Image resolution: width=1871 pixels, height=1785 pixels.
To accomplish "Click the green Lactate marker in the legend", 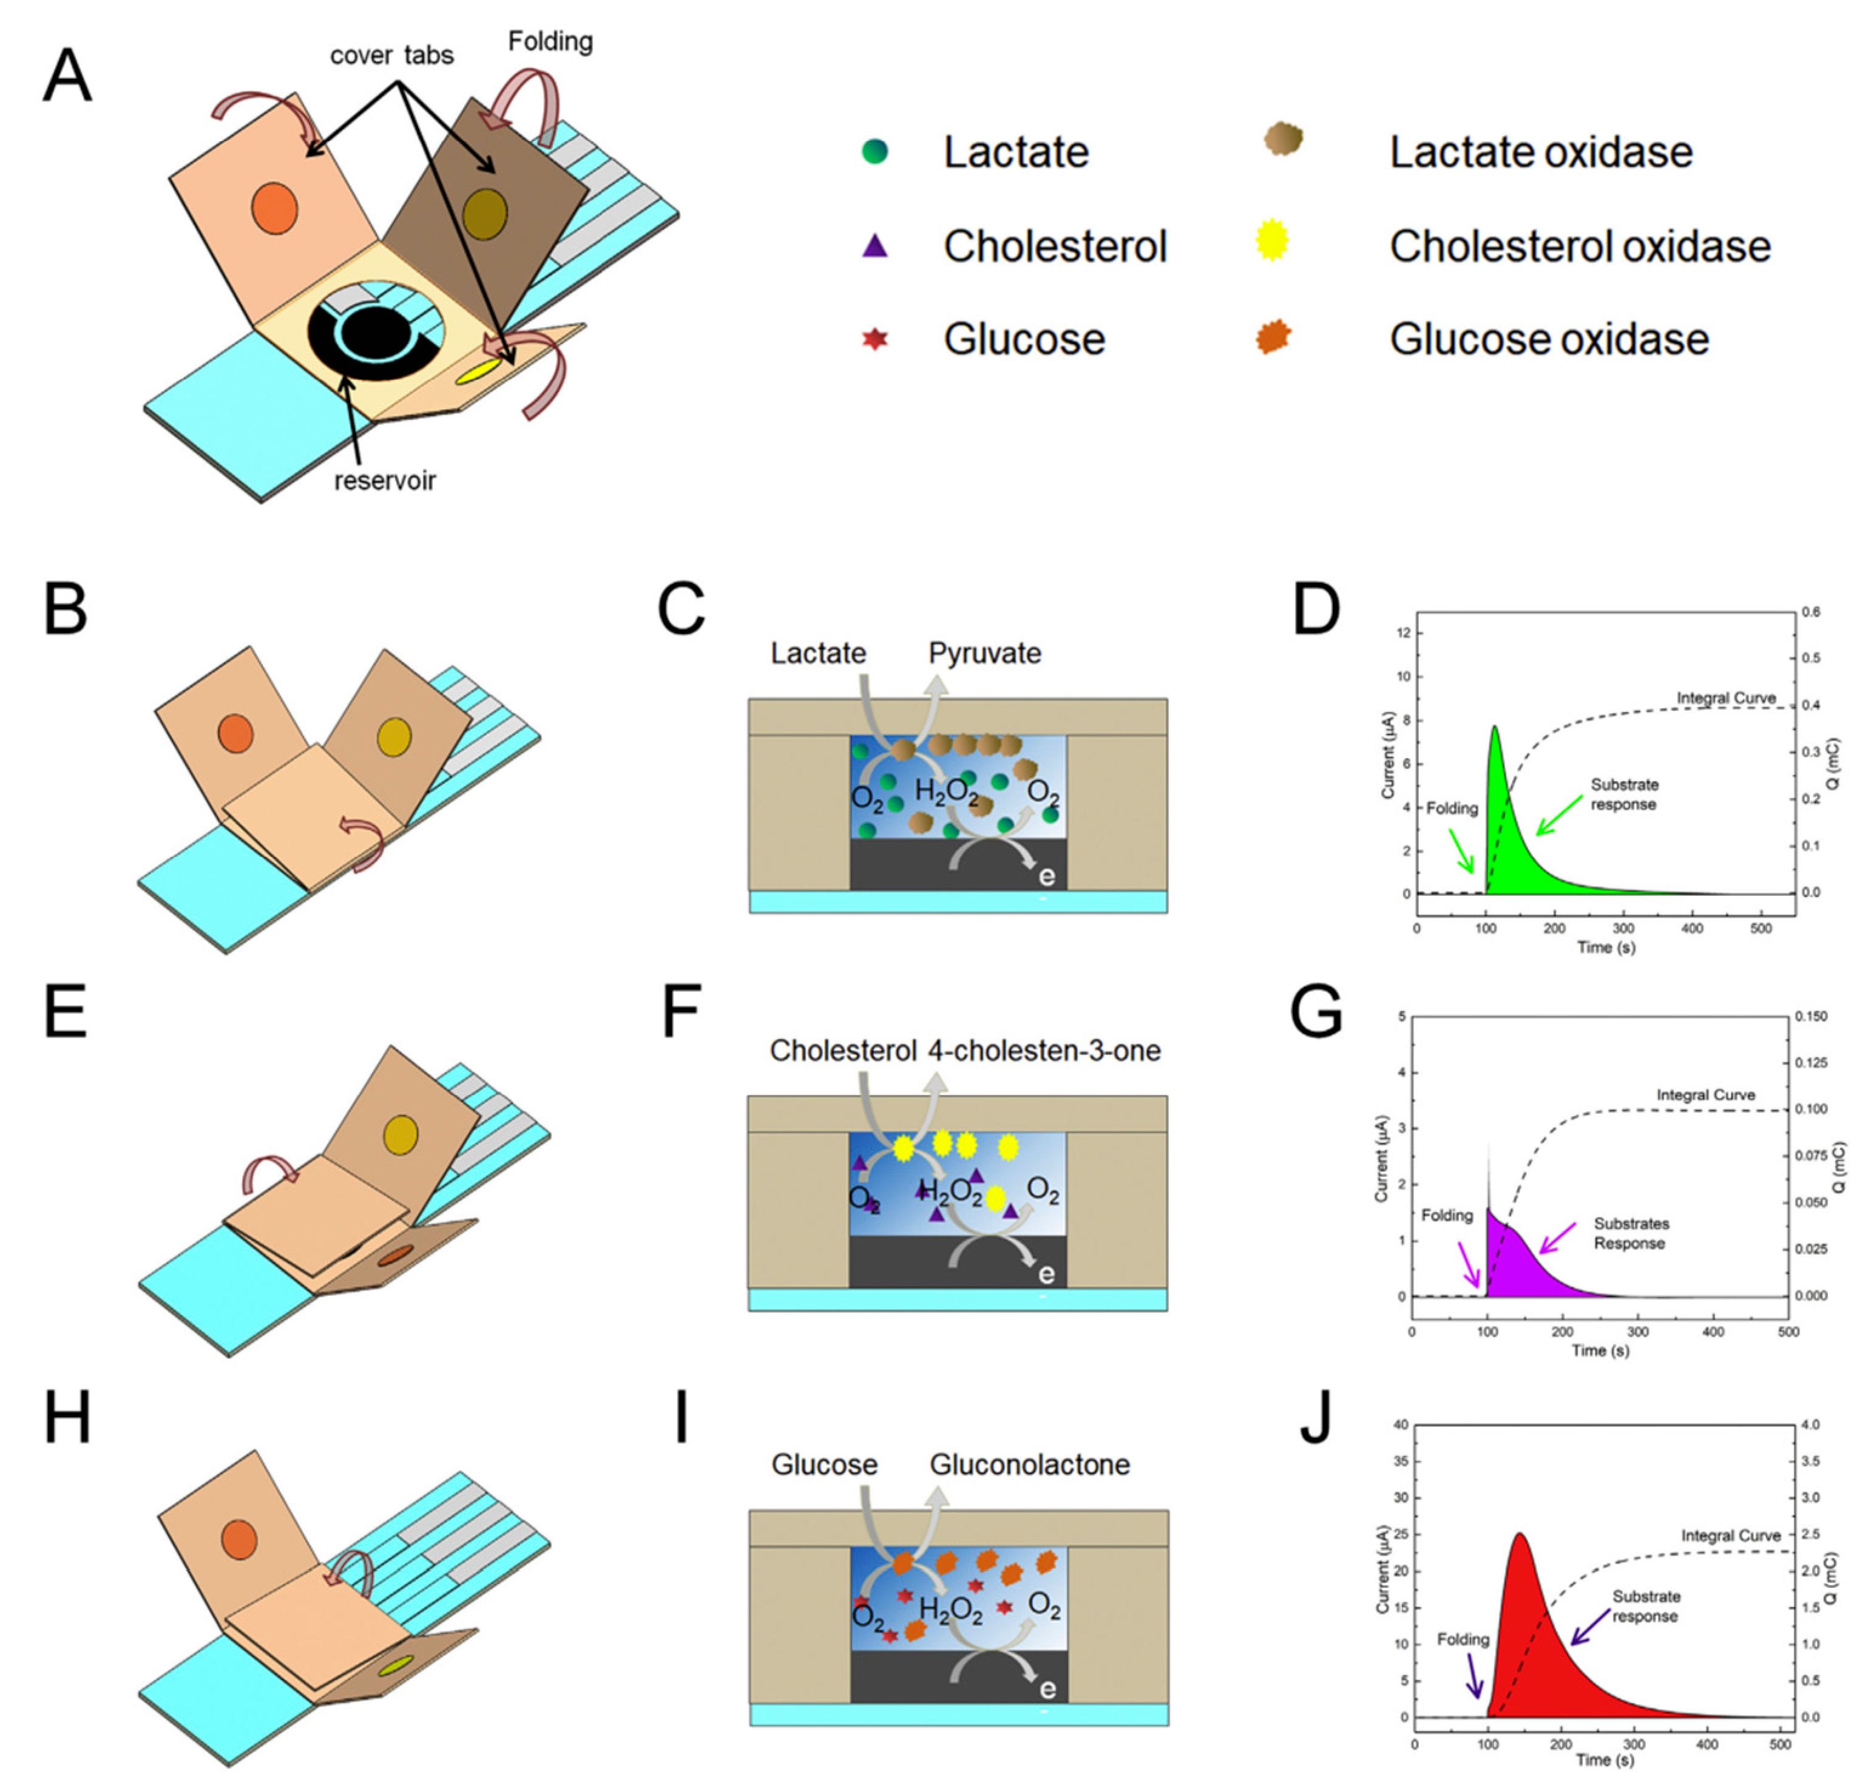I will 874,151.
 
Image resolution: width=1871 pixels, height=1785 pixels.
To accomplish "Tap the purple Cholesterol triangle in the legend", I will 874,246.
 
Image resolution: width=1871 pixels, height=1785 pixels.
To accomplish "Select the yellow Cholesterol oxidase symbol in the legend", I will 1272,240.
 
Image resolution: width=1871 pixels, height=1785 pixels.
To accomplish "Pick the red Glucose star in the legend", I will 874,339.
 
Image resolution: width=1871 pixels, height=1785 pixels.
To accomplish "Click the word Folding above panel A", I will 550,42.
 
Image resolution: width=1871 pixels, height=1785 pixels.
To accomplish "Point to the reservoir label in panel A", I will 384,481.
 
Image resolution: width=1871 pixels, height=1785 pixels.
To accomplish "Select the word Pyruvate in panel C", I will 984,654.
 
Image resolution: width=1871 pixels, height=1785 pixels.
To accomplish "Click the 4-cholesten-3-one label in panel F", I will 1043,1051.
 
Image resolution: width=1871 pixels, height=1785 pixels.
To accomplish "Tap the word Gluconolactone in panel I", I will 1029,1465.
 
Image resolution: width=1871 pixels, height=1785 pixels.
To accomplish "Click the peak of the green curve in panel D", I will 1494,727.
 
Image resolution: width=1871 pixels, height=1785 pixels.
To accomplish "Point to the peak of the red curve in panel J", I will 1519,1534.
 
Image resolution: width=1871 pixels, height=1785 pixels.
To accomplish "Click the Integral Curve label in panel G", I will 1705,1095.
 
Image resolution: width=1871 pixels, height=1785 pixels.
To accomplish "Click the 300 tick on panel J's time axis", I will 1634,1744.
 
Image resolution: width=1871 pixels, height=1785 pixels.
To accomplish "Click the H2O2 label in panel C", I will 947,791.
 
